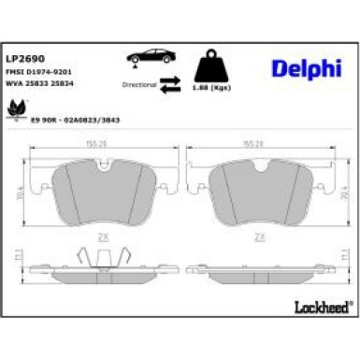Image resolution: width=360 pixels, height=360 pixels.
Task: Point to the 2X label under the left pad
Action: click(x=105, y=237)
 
